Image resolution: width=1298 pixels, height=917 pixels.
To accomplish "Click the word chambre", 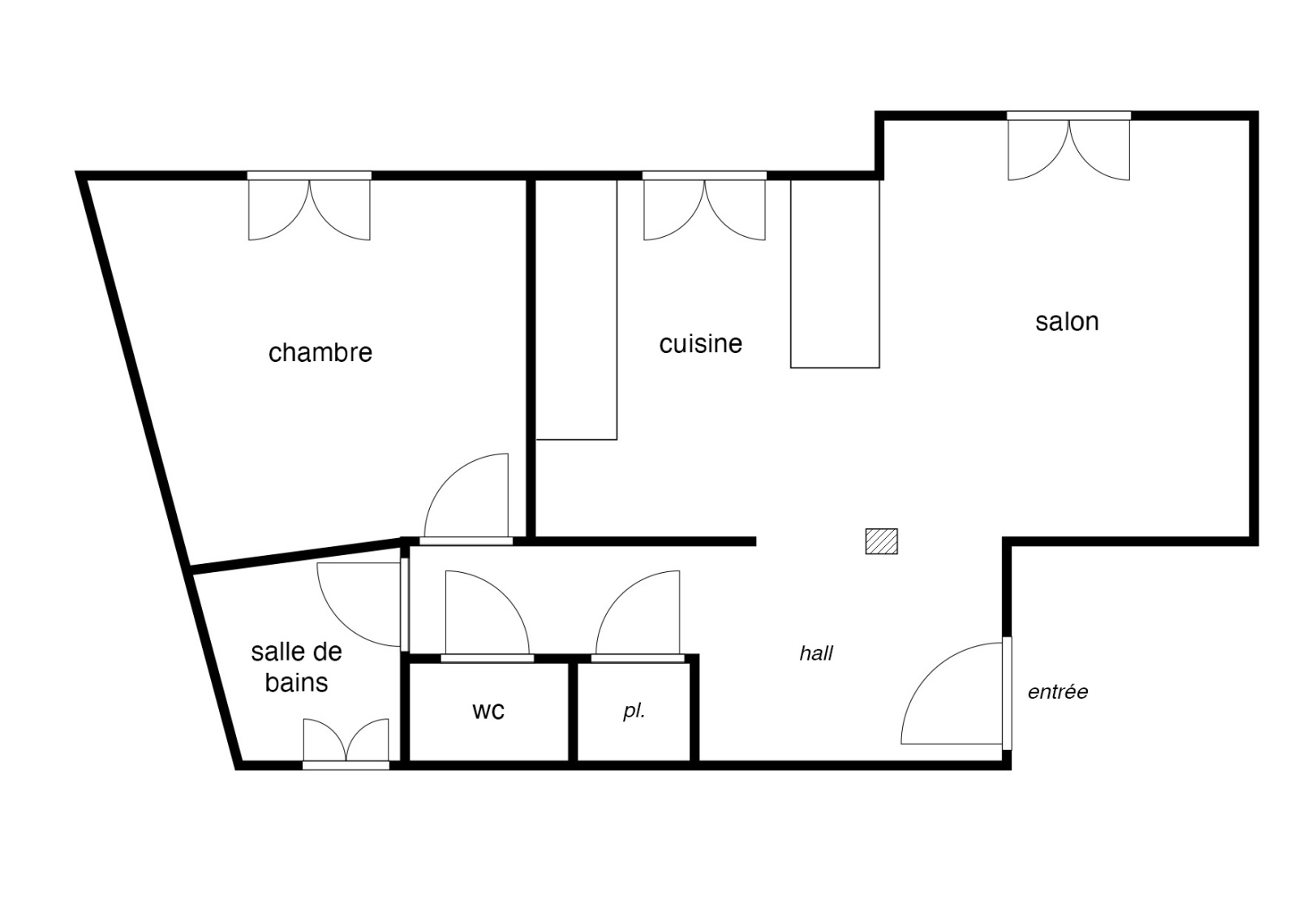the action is (x=320, y=352).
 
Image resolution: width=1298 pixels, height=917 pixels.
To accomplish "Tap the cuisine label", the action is (x=701, y=343).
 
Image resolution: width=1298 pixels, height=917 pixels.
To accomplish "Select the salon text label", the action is (x=1067, y=321).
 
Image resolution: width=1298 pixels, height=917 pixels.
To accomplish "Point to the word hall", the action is (x=816, y=653).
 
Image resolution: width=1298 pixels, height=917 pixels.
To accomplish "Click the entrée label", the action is (x=1058, y=691).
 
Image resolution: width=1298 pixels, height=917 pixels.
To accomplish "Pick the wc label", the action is (x=488, y=711).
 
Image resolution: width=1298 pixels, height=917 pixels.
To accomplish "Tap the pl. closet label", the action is (x=634, y=711).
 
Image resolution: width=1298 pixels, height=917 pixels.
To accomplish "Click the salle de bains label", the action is (x=297, y=667).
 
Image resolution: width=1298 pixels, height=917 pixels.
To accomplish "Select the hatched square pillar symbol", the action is (x=881, y=541).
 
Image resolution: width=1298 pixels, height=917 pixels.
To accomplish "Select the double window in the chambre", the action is (x=309, y=206).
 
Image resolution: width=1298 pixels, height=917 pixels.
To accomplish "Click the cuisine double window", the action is (x=705, y=206).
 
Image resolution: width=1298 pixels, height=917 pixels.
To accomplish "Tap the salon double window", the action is (x=1069, y=146).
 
